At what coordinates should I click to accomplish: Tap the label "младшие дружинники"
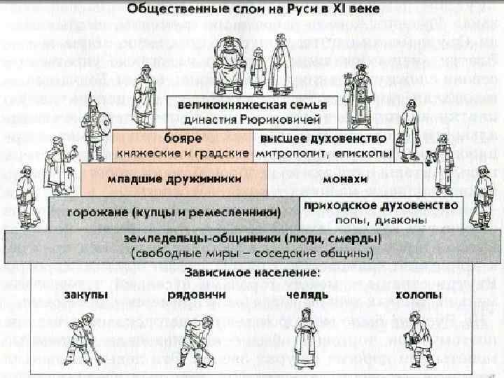click(x=174, y=179)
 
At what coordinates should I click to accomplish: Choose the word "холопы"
click(x=418, y=296)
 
